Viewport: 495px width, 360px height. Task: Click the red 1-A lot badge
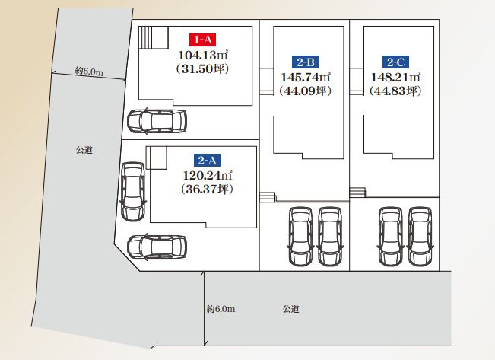[202, 40]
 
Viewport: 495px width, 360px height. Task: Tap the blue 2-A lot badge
[207, 161]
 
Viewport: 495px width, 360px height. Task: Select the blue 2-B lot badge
[305, 62]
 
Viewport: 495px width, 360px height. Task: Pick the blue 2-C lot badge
[395, 62]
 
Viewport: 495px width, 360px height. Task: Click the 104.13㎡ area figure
[203, 55]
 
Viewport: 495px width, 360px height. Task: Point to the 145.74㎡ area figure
[306, 77]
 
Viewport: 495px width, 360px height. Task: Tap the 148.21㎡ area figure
[395, 77]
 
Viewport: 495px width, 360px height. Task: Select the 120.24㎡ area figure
[208, 175]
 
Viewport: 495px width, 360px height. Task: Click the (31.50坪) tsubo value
[203, 69]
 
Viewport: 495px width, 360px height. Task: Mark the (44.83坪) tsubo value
[395, 91]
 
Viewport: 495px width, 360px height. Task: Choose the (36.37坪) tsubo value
[208, 190]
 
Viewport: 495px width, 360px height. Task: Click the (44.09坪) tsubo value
[306, 91]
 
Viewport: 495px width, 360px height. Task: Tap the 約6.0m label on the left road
[89, 71]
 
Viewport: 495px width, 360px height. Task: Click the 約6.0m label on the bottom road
[221, 309]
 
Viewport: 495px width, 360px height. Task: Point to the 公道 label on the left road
[84, 150]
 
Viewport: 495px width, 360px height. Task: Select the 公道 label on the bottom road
[290, 309]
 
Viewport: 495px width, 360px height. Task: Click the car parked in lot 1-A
[157, 121]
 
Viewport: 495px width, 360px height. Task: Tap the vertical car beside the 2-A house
[133, 192]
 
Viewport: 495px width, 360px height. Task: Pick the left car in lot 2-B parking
[300, 236]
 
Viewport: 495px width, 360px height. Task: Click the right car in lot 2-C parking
[420, 236]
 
